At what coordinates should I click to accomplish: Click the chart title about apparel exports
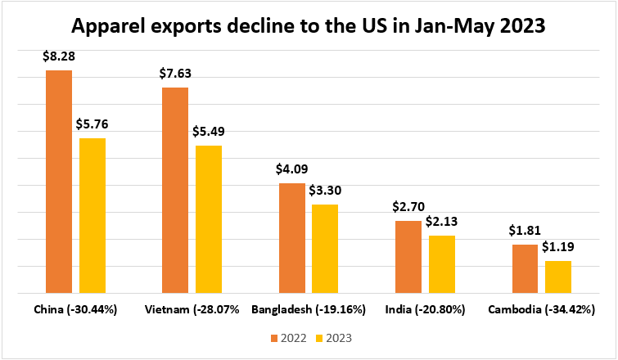[x=309, y=27]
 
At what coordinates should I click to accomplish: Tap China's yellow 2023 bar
[x=92, y=215]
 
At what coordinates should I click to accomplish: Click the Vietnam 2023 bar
[x=209, y=219]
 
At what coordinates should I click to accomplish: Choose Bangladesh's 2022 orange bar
[x=292, y=238]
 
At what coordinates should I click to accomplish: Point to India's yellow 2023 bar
[x=442, y=264]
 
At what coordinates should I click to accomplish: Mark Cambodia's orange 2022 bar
[x=525, y=268]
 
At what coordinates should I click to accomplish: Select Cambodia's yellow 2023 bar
[x=558, y=277]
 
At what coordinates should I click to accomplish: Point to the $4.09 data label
[x=292, y=170]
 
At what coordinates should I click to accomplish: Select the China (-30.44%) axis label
[x=76, y=310]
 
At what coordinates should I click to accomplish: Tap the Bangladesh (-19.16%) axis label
[x=309, y=310]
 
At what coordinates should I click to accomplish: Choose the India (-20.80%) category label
[x=425, y=310]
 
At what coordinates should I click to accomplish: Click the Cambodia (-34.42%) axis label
[x=541, y=310]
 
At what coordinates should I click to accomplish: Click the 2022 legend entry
[x=286, y=337]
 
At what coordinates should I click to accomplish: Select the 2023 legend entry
[x=332, y=337]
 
